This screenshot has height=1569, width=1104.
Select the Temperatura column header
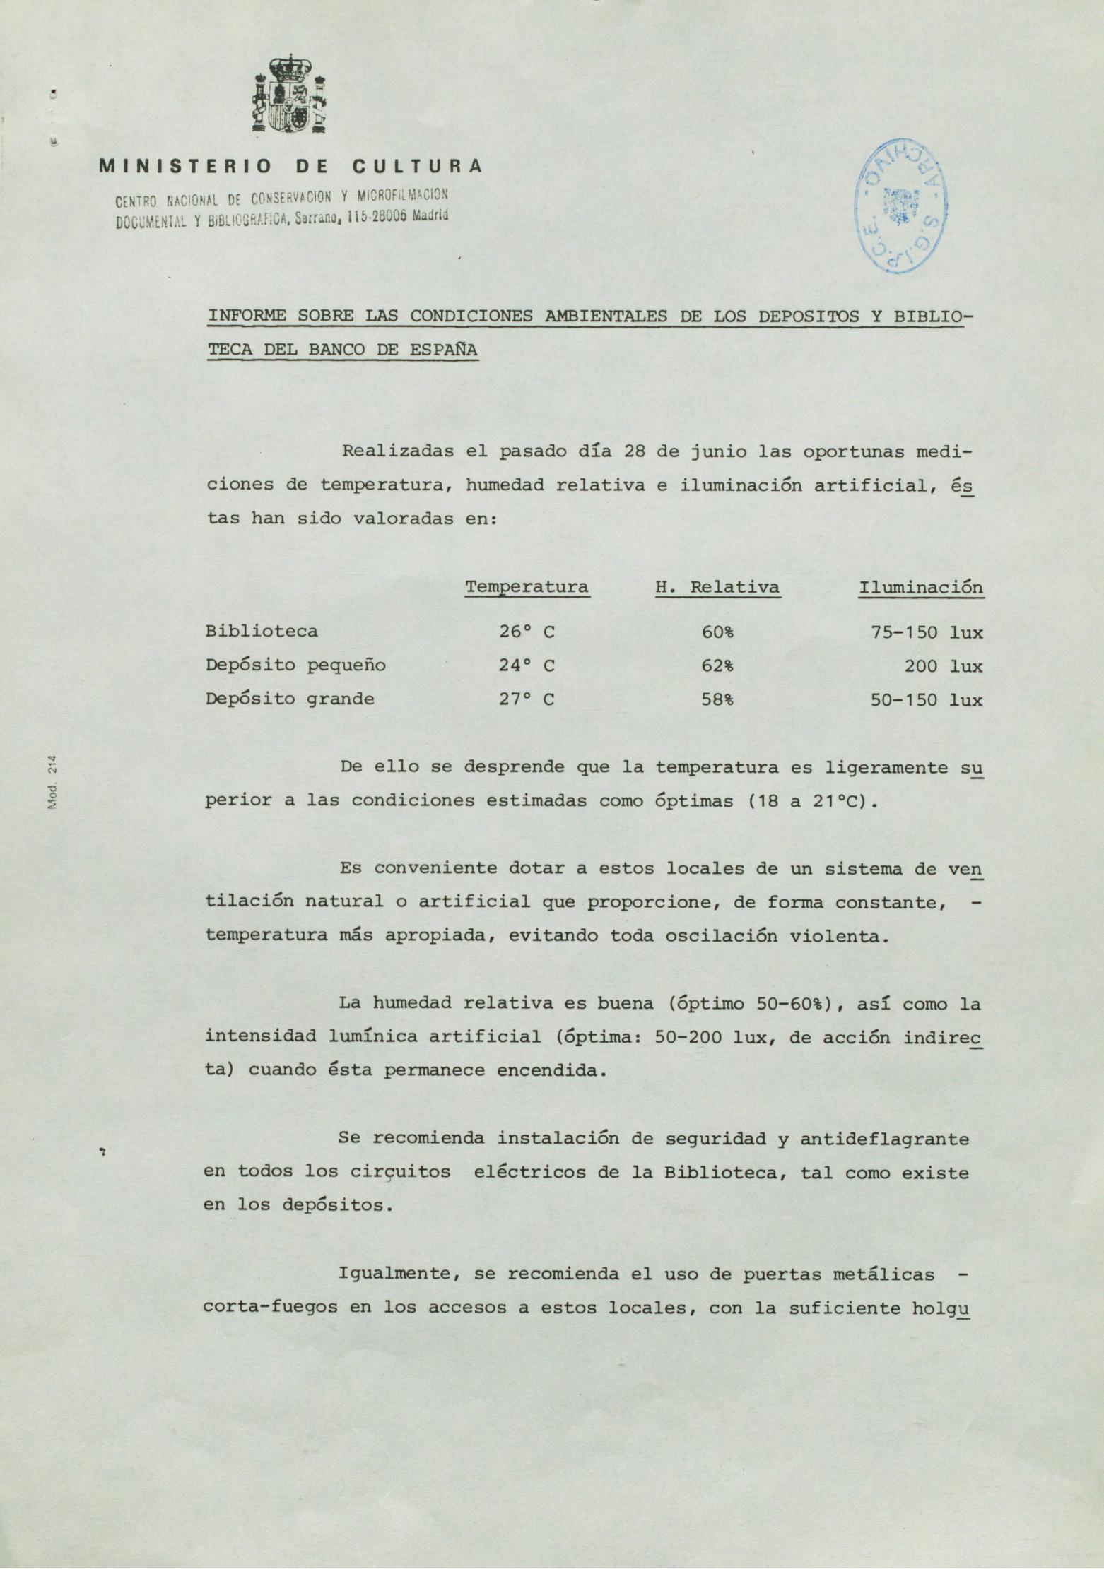point(527,587)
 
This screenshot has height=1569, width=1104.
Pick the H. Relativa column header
point(718,587)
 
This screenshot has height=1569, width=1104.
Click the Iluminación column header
point(921,587)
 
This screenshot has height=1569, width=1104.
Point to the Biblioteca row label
point(262,631)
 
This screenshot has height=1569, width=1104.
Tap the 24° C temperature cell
point(527,665)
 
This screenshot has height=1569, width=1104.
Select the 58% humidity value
point(717,699)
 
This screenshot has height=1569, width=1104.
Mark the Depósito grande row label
point(290,699)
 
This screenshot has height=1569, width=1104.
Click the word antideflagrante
point(884,1138)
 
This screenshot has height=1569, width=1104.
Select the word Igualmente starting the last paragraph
point(397,1274)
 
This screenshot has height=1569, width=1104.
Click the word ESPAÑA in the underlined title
point(444,350)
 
